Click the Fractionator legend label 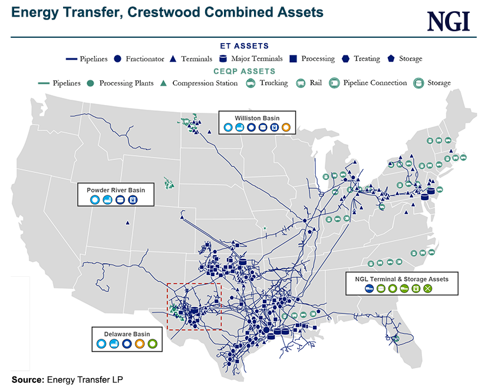(x=146, y=58)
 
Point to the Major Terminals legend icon (x=223, y=58)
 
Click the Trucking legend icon (x=250, y=83)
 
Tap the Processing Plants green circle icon (x=90, y=83)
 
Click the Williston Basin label (x=257, y=118)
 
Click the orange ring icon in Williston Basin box (x=286, y=127)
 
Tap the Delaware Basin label (x=126, y=333)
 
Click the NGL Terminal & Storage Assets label (x=402, y=278)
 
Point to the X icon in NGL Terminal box (x=428, y=289)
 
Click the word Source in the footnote (x=27, y=379)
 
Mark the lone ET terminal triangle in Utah (x=127, y=222)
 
